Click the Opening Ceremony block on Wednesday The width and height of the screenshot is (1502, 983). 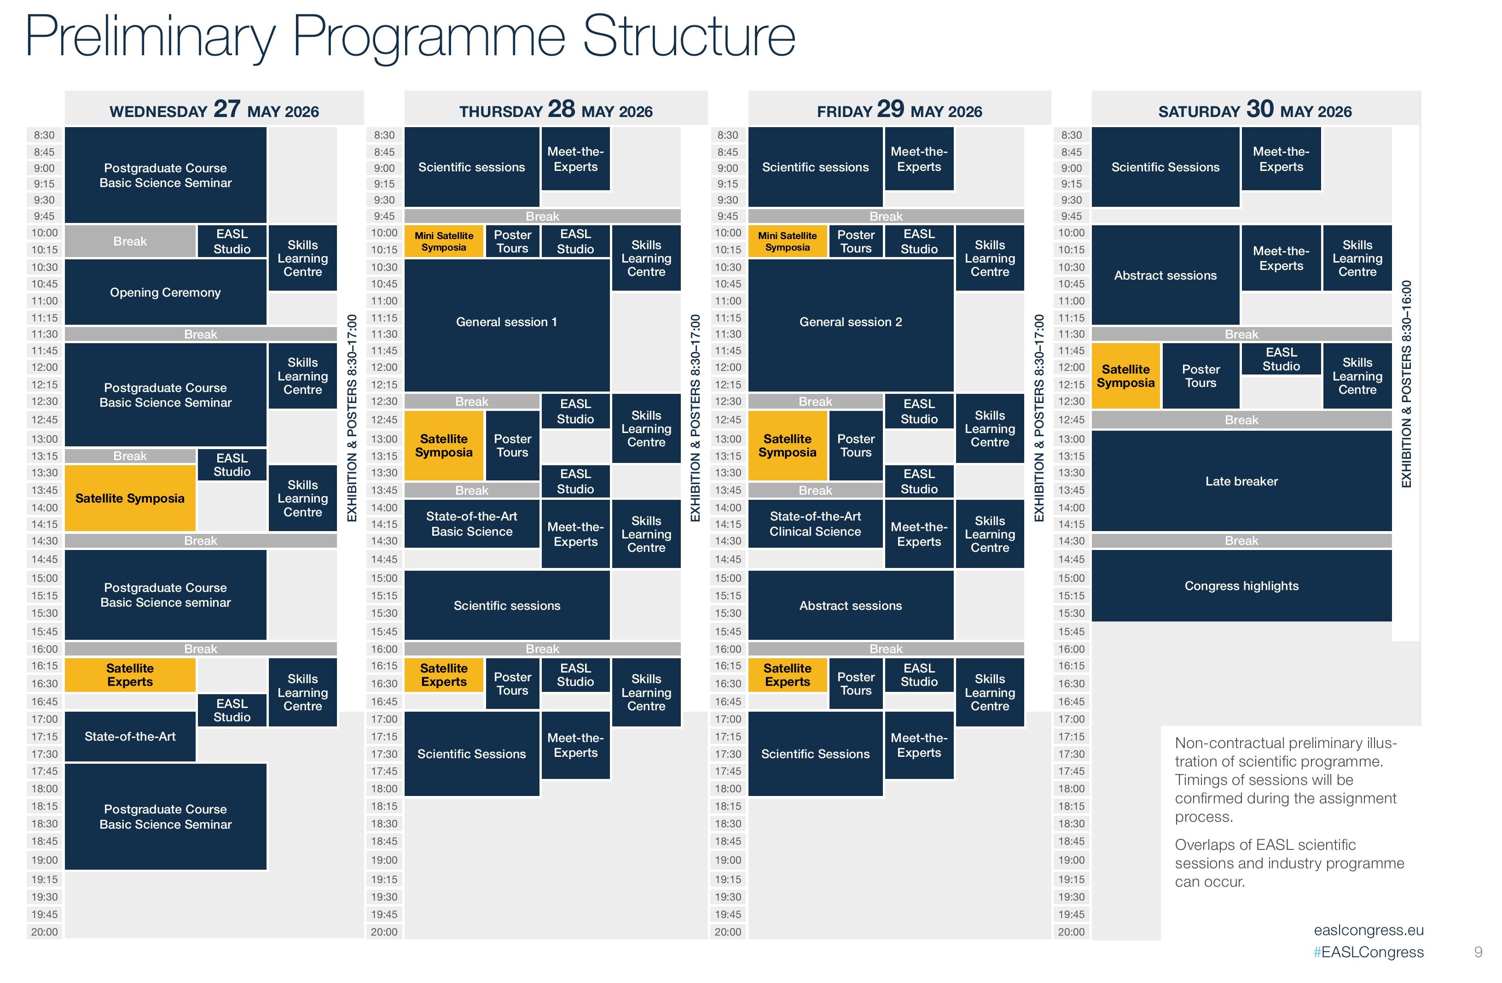click(x=165, y=293)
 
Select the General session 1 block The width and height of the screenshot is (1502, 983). click(x=506, y=322)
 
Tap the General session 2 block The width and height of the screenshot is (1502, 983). click(x=850, y=322)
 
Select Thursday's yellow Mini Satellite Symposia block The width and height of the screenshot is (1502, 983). click(x=444, y=241)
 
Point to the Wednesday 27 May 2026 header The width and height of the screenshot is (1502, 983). click(x=214, y=110)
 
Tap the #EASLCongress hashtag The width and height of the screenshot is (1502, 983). click(x=1368, y=952)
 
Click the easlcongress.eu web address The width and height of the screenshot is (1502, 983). click(x=1368, y=930)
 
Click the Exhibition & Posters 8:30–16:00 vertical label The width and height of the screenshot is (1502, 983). click(x=1406, y=384)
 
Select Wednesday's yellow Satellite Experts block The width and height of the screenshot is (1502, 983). click(x=130, y=675)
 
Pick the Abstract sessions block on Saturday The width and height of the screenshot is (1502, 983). click(x=1165, y=275)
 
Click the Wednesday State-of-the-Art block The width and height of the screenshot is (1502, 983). click(x=130, y=736)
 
